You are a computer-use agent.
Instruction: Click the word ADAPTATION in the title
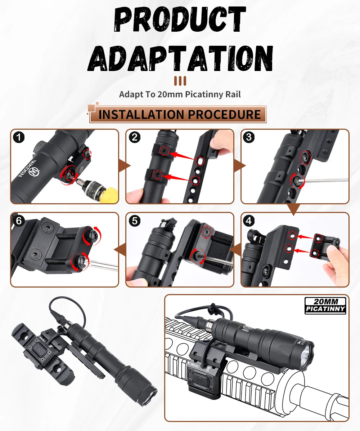click(180, 58)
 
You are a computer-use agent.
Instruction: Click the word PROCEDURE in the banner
click(224, 114)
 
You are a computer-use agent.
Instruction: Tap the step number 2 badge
click(135, 137)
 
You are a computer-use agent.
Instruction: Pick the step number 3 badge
click(249, 137)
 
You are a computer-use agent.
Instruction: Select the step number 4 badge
click(249, 221)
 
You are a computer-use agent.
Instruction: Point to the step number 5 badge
click(135, 221)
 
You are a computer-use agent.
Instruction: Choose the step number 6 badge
click(19, 221)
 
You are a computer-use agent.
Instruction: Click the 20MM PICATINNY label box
click(325, 305)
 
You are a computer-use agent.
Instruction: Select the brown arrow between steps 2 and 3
click(239, 166)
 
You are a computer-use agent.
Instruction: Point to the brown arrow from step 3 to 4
click(293, 209)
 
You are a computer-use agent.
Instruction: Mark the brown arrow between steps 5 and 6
click(120, 250)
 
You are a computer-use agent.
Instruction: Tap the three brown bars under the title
click(180, 81)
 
